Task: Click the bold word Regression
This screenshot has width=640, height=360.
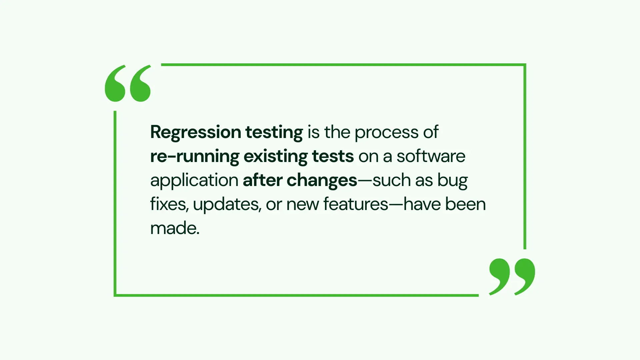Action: [x=196, y=133]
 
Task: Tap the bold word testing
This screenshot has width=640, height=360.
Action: [x=274, y=133]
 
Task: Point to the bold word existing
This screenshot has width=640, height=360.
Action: [x=275, y=157]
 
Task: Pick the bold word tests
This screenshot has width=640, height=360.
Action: [x=333, y=156]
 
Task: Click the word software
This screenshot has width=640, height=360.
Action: [x=431, y=156]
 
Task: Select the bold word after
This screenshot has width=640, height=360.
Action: [x=263, y=180]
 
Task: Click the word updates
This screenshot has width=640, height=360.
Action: [x=227, y=205]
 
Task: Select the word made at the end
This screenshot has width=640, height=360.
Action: [x=175, y=228]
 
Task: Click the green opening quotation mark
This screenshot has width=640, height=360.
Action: [x=128, y=83]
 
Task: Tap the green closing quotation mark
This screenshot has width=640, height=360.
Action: [x=512, y=277]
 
